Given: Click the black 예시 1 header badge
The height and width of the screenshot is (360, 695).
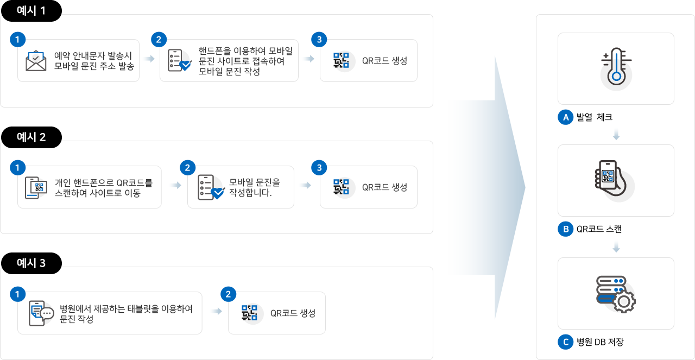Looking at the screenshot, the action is click(31, 11).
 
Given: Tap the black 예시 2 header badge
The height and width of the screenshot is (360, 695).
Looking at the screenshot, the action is click(31, 137).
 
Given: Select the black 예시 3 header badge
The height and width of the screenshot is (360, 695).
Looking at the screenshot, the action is click(31, 263).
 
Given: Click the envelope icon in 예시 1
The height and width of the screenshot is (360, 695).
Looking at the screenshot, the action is click(36, 61).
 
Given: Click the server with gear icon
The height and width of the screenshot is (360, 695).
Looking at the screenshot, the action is click(616, 294).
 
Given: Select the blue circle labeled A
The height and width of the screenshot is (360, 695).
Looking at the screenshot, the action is click(566, 117).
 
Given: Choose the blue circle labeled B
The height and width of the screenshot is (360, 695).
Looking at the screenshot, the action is click(566, 229).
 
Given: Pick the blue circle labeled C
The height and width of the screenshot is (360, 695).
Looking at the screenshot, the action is click(566, 342).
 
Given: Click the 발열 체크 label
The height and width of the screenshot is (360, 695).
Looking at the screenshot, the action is click(595, 117).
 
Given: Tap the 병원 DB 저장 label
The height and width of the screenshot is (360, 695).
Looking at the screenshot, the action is click(600, 342).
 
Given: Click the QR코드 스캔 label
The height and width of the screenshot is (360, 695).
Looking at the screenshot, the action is click(599, 229).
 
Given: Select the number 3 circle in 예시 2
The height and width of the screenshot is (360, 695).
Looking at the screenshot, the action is click(319, 168).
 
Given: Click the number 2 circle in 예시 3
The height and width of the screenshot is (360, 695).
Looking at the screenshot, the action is click(229, 294).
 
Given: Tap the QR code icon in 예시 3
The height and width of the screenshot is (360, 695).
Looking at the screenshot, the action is click(250, 313).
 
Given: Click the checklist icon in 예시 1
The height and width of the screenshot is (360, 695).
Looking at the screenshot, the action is click(179, 60).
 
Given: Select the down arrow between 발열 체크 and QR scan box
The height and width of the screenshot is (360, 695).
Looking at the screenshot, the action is click(616, 135).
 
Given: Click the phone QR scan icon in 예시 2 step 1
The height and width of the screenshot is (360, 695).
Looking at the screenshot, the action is click(36, 187).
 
